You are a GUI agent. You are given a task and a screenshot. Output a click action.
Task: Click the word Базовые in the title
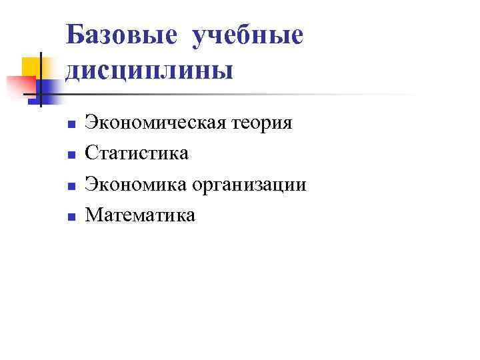pos(121,35)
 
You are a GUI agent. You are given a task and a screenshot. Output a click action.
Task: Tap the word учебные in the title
pos(247,36)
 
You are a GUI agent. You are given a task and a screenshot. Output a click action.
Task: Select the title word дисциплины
pos(150,69)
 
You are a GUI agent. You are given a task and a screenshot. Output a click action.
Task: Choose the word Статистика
pos(137,154)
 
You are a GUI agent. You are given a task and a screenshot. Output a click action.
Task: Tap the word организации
pos(251,185)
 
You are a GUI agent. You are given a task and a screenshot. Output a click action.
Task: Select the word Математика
pos(141,215)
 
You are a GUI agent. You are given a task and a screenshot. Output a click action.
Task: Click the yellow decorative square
pos(30,67)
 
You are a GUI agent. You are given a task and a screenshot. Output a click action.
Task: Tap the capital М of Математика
pos(93,215)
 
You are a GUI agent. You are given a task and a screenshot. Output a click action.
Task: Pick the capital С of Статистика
pos(92,154)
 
